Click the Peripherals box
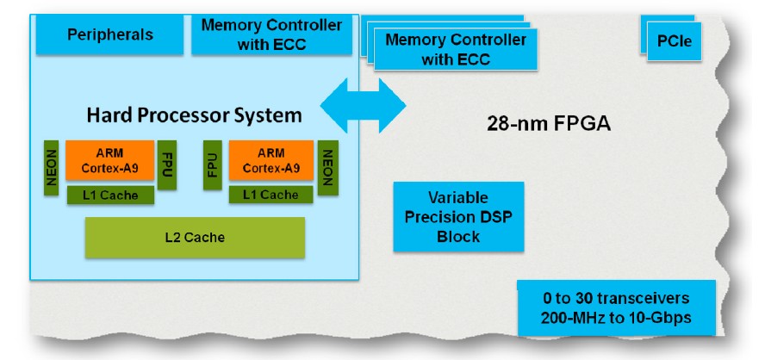tap(109, 34)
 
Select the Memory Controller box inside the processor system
tap(271, 34)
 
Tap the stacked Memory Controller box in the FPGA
tap(456, 49)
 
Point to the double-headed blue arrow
tap(363, 105)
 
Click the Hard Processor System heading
tap(194, 115)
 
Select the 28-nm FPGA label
tap(549, 124)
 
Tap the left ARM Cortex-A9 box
tap(109, 160)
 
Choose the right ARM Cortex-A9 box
tap(271, 160)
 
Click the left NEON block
tap(51, 168)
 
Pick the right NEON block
tap(328, 168)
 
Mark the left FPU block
tap(167, 164)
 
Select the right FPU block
tap(212, 164)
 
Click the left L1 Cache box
tap(110, 196)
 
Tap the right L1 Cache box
tap(271, 195)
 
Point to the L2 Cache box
tap(196, 238)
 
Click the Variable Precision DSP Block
tap(458, 216)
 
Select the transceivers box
tap(616, 307)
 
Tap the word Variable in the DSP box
tap(458, 198)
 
